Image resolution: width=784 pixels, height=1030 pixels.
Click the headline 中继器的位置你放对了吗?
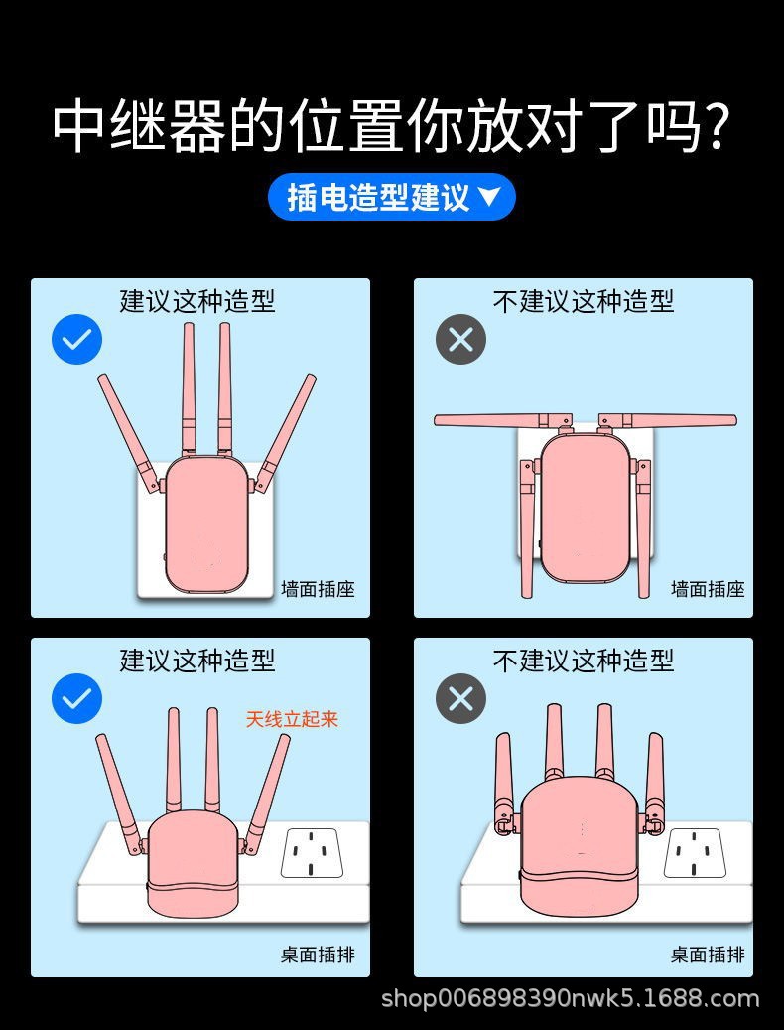(392, 126)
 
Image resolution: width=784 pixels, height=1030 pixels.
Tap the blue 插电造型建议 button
(391, 197)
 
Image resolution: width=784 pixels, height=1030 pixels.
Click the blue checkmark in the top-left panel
(76, 339)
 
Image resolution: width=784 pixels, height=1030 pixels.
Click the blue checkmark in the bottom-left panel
(76, 698)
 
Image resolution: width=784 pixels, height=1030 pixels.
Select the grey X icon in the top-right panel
(460, 339)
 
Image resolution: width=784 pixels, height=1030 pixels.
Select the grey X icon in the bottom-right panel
(460, 698)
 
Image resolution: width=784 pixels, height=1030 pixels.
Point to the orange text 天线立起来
(292, 719)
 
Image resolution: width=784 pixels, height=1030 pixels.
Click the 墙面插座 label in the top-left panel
(318, 589)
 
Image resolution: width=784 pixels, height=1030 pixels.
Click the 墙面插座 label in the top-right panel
(707, 589)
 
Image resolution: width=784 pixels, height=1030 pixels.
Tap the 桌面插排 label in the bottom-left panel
(318, 955)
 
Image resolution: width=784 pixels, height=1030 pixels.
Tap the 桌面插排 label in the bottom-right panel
(707, 955)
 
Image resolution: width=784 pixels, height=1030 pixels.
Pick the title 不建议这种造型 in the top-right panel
(584, 301)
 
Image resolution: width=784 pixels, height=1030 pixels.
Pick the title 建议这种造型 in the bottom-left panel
(197, 661)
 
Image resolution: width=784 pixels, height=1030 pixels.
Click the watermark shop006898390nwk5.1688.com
(570, 998)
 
